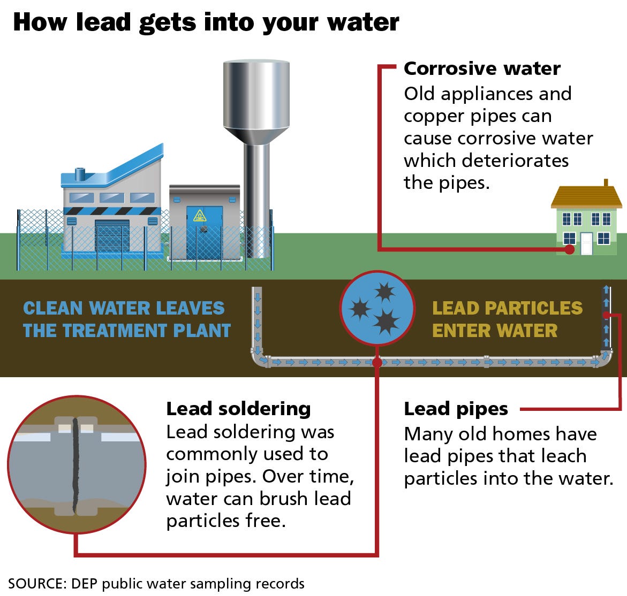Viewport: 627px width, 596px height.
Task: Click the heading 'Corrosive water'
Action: [x=482, y=68]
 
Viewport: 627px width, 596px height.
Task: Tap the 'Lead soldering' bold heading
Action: [x=238, y=409]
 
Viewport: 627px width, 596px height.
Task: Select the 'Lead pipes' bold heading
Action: [x=456, y=409]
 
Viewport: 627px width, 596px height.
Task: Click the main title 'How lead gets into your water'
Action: [x=206, y=22]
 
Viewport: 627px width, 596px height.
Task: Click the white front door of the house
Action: [x=586, y=243]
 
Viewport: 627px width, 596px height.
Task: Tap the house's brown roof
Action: [x=586, y=196]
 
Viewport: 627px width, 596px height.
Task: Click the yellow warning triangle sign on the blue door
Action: [x=200, y=216]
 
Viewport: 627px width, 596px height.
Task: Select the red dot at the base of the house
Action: [x=569, y=249]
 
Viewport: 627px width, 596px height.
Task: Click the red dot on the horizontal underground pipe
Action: [x=376, y=362]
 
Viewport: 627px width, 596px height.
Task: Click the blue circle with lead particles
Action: [x=377, y=308]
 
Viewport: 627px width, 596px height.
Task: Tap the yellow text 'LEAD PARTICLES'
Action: [x=507, y=308]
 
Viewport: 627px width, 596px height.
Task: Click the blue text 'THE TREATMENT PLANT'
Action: [x=127, y=331]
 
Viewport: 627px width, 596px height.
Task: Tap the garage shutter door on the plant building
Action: [x=112, y=236]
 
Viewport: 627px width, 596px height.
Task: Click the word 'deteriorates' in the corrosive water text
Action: [x=515, y=161]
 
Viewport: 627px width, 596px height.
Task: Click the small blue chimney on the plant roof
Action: [x=80, y=174]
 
